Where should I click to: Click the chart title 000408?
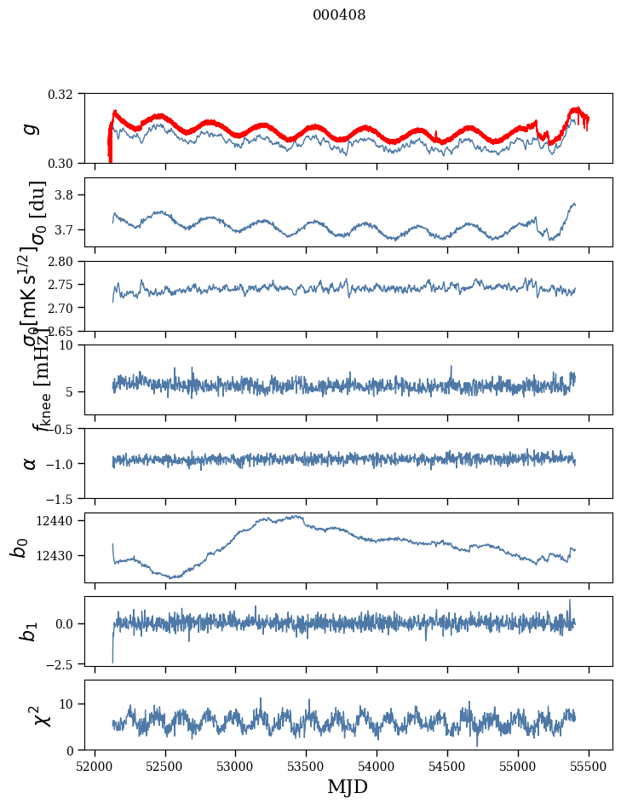[x=339, y=15]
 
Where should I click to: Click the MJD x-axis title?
[x=348, y=786]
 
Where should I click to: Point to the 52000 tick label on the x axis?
[x=95, y=766]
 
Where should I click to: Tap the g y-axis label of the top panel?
[x=31, y=128]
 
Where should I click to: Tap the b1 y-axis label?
[x=29, y=631]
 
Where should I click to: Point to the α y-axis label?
[x=31, y=463]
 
